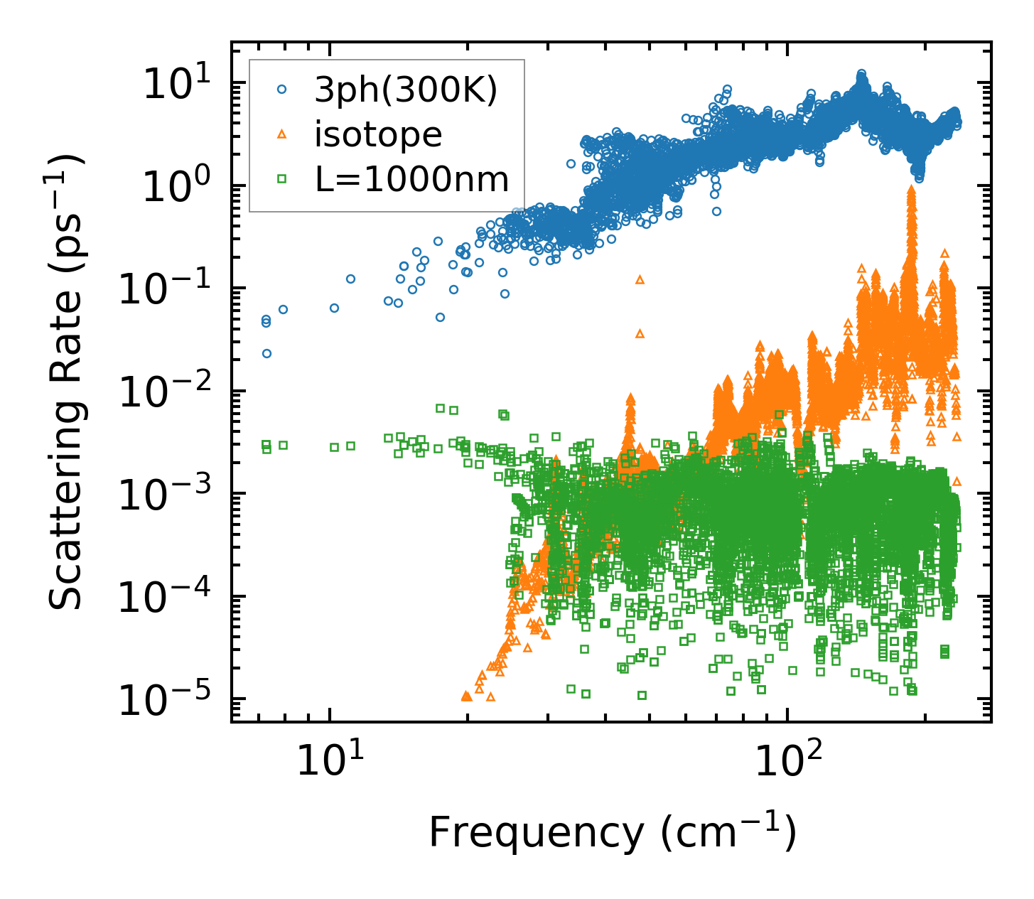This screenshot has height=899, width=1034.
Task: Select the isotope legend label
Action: (378, 134)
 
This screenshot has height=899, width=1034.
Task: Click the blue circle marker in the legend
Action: (282, 90)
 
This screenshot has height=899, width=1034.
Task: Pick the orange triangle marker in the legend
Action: (282, 134)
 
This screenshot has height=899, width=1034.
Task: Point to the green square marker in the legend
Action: (282, 180)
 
